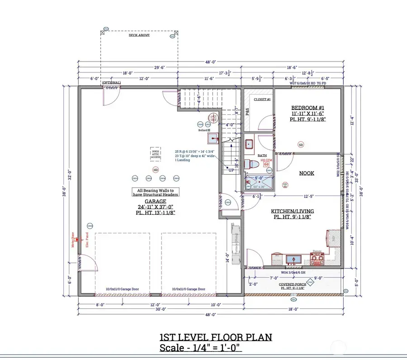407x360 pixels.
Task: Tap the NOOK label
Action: pos(307,173)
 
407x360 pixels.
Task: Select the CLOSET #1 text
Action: pos(262,99)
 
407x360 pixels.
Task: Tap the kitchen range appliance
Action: pos(317,259)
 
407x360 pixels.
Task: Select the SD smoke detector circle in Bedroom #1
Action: pos(301,145)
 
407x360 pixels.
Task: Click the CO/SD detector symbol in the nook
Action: pos(285,185)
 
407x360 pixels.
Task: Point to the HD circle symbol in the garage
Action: pos(156,170)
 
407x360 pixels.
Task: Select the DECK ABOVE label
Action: pos(139,35)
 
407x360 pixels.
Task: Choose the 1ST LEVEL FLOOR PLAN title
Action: pos(215,337)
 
